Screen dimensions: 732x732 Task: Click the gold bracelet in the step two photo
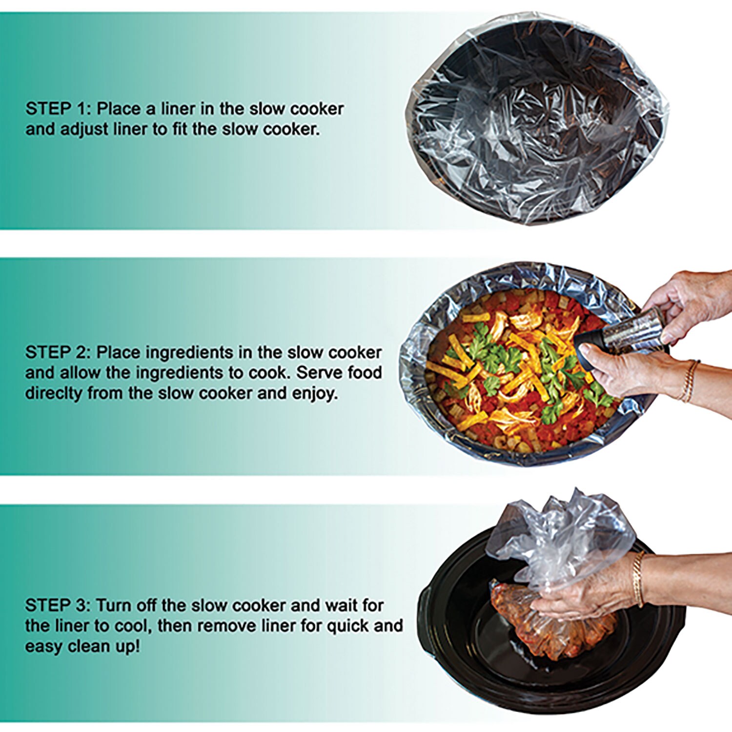pos(689,381)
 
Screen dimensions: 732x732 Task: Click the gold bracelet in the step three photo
pos(638,578)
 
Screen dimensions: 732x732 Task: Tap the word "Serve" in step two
pos(320,372)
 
